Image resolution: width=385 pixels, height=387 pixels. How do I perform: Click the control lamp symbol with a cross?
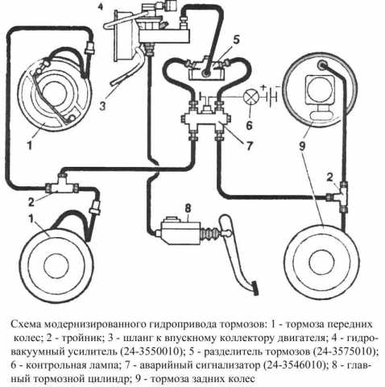click(x=251, y=97)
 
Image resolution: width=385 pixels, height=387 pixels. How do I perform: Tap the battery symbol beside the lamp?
click(x=271, y=97)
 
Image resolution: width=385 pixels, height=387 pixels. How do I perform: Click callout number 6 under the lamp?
click(x=249, y=125)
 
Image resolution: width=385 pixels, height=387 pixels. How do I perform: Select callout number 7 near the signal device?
click(x=250, y=146)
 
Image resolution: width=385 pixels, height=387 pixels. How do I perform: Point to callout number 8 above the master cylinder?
click(x=188, y=208)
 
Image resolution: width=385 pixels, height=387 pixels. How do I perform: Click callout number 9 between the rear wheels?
click(x=302, y=147)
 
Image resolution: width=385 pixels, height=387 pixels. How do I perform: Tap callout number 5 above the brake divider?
click(x=236, y=40)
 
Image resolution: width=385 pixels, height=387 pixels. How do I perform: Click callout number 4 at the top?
click(x=100, y=6)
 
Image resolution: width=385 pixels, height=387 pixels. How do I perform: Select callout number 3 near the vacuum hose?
click(x=102, y=106)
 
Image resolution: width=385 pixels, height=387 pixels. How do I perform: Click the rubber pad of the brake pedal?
click(x=255, y=288)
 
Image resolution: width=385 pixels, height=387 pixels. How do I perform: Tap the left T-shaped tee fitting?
click(x=62, y=185)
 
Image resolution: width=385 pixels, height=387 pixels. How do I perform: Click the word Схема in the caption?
click(x=26, y=324)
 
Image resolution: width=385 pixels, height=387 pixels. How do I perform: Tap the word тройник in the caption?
click(x=82, y=338)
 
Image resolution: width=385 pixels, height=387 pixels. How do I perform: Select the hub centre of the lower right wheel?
click(x=321, y=262)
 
